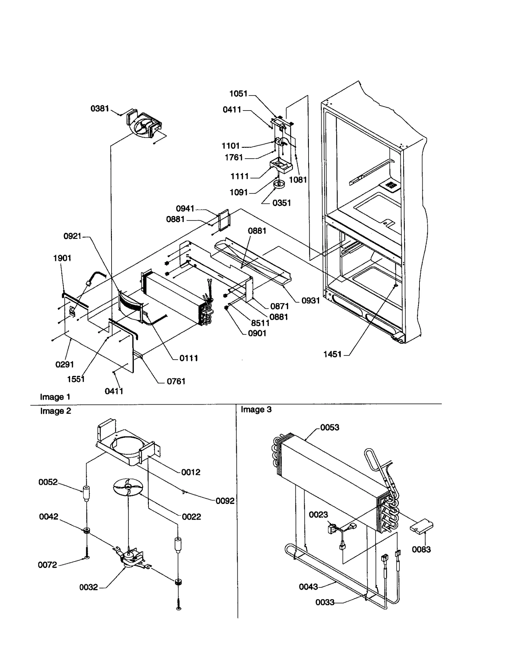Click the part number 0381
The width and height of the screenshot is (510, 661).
pyautogui.click(x=100, y=109)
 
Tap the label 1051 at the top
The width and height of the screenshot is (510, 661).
pyautogui.click(x=238, y=94)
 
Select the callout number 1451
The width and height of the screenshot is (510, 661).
pyautogui.click(x=332, y=354)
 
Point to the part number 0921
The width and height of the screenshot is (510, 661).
pyautogui.click(x=72, y=236)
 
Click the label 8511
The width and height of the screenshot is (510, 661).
pyautogui.click(x=260, y=323)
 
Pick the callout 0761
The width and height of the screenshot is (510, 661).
pyautogui.click(x=176, y=381)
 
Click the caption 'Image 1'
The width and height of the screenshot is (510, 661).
pyautogui.click(x=55, y=397)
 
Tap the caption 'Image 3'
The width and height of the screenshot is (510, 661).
pyautogui.click(x=256, y=409)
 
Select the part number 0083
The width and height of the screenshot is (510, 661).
pyautogui.click(x=421, y=550)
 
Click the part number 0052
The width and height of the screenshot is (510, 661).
pyautogui.click(x=48, y=482)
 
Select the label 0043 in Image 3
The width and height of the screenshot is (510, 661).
pyautogui.click(x=308, y=587)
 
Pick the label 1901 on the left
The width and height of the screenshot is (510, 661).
pyautogui.click(x=62, y=258)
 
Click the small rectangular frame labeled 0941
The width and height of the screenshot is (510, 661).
pyautogui.click(x=223, y=219)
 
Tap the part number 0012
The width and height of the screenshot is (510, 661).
pyautogui.click(x=191, y=472)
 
